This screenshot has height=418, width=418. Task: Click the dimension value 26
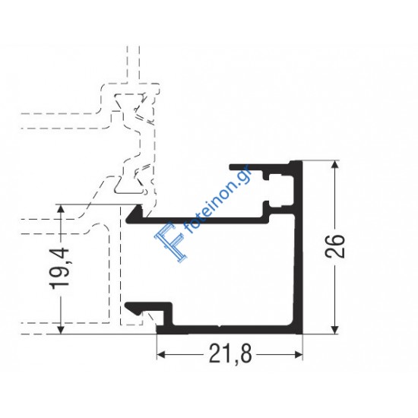click(335, 246)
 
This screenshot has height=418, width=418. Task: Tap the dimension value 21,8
click(230, 354)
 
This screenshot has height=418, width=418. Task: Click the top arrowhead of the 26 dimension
click(335, 165)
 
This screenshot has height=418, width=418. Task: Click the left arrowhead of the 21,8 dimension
click(161, 355)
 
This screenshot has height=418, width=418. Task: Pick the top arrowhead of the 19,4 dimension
click(61, 209)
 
